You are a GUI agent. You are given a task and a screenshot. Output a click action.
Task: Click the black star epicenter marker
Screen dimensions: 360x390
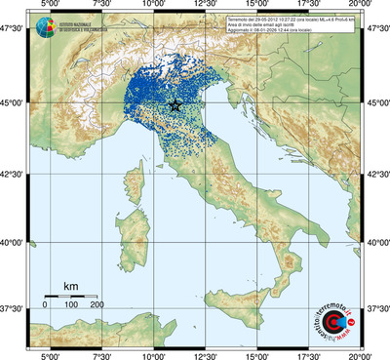(175, 104)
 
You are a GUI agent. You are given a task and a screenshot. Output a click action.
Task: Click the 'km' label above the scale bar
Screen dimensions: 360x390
(70, 286)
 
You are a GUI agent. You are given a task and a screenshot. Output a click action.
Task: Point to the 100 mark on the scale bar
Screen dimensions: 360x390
(70, 305)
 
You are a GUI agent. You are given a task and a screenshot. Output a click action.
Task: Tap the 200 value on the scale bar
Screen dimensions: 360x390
(97, 305)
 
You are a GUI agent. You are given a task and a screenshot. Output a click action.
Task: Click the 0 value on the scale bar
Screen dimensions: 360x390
(45, 305)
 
